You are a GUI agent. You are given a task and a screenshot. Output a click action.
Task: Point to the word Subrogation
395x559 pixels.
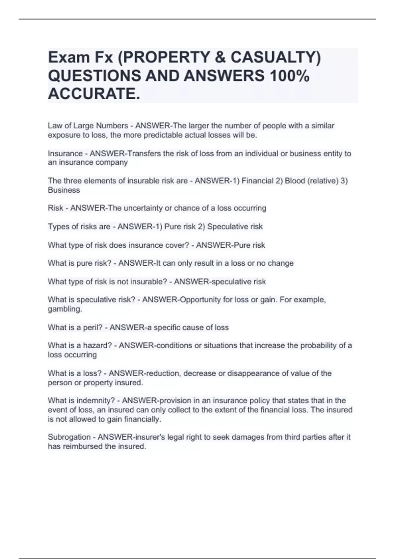(69, 437)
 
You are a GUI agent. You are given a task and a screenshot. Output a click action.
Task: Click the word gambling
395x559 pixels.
(65, 309)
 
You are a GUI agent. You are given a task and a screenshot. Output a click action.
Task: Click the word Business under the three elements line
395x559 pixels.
(64, 190)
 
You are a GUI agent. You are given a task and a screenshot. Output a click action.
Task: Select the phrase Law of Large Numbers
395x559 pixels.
(88, 126)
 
